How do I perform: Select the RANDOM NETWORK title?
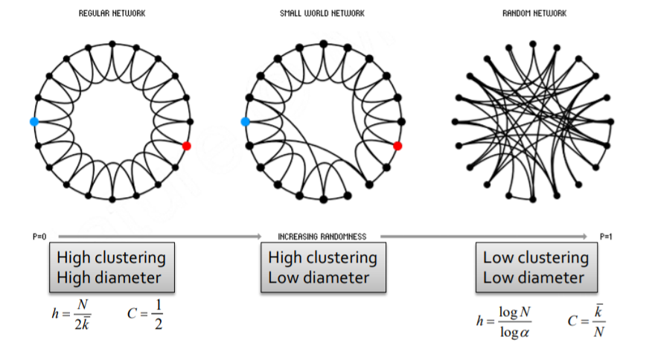point(535,13)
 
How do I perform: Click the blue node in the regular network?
point(33,121)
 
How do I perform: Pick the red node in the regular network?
point(186,146)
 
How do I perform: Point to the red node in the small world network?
point(397,146)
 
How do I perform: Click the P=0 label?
point(39,237)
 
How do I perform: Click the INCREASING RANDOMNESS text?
point(322,237)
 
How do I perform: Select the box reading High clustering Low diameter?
point(322,268)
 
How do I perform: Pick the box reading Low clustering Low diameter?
point(535,268)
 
